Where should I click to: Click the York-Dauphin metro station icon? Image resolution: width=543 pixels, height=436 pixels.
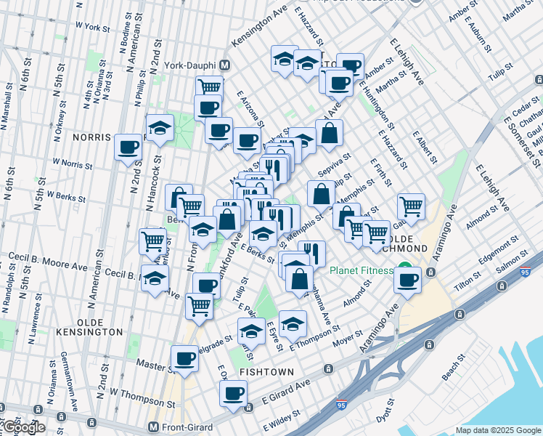225,65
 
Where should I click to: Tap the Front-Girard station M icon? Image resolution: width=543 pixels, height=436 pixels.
153,427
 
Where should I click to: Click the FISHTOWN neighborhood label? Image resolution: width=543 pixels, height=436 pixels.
268,371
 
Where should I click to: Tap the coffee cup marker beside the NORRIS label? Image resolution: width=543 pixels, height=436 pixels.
128,148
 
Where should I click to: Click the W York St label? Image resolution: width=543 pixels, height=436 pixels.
90,28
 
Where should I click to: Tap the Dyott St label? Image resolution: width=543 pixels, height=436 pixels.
384,411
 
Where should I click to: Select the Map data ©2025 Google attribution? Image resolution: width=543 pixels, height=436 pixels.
497,430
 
